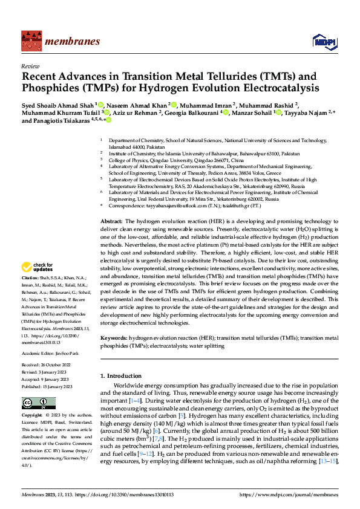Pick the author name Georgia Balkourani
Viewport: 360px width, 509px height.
pos(195,112)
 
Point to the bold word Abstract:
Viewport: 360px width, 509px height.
pos(112,206)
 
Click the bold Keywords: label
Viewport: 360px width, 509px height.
pos(114,339)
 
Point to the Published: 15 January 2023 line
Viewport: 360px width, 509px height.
pos(47,386)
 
